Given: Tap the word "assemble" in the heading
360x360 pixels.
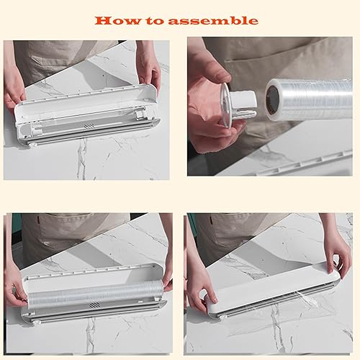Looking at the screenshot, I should click(214, 20).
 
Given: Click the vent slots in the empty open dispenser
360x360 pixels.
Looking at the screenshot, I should click(88, 125).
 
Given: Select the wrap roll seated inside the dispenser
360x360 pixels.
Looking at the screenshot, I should click(90, 292).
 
